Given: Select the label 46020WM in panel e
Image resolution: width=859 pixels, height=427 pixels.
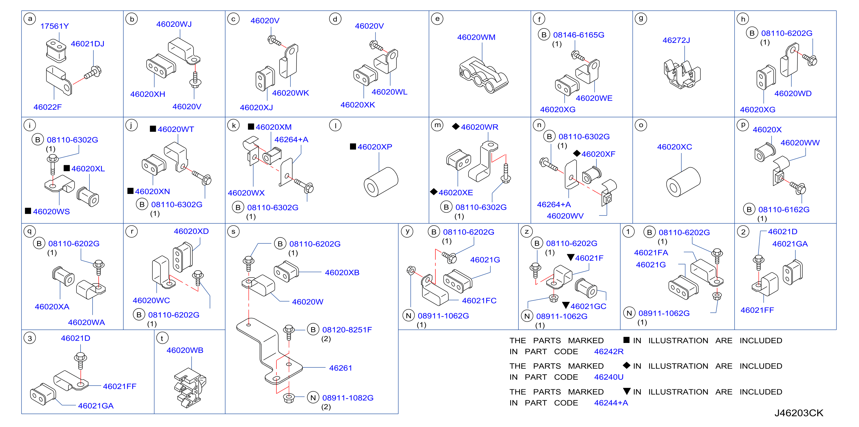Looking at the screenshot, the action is [x=476, y=37].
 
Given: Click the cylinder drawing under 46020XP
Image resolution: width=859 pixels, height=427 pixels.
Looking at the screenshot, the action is [x=380, y=182].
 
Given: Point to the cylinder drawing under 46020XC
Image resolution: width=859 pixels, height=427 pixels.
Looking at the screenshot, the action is [x=683, y=182].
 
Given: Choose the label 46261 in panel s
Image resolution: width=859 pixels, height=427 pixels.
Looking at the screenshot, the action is [x=340, y=368].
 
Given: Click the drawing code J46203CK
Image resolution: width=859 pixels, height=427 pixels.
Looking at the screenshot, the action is [x=799, y=413].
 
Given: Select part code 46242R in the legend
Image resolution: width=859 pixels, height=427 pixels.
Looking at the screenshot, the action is [x=609, y=351].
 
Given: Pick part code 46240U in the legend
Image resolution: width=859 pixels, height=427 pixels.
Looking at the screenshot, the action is [x=609, y=377].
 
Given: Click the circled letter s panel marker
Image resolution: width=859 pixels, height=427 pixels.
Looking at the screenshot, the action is [x=233, y=232].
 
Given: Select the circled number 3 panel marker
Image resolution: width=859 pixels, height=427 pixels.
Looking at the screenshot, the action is [x=30, y=338].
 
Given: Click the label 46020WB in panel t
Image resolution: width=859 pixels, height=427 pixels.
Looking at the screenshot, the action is [x=185, y=350].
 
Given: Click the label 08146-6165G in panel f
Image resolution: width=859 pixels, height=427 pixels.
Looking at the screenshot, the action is [x=579, y=35].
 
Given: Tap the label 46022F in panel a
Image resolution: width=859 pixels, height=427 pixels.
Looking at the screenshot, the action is [x=47, y=107].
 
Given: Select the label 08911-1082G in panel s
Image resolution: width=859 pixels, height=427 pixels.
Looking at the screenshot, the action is [x=348, y=398].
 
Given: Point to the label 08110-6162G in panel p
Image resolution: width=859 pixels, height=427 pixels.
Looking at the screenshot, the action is [x=784, y=209].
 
